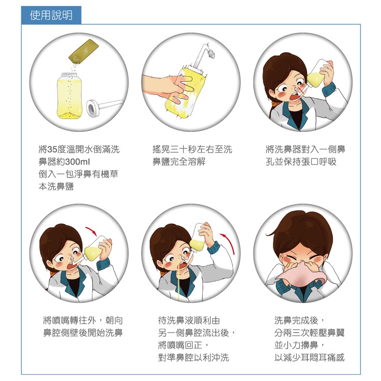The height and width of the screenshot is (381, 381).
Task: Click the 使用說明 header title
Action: tap(51, 15)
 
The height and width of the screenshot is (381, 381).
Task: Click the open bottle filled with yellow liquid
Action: tap(69, 96)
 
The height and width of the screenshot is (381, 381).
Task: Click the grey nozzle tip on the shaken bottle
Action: tap(211, 55)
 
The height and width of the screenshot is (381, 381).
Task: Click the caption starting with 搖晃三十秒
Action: tap(192, 155)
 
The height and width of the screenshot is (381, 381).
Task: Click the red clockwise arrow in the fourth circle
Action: tap(91, 230)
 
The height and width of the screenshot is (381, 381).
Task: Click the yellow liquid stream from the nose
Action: tap(179, 279)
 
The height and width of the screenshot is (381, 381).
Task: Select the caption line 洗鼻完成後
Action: tap(299, 320)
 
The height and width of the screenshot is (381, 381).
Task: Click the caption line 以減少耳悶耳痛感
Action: tap(309, 357)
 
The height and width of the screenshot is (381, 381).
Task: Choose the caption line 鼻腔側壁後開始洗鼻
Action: tap(83, 333)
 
